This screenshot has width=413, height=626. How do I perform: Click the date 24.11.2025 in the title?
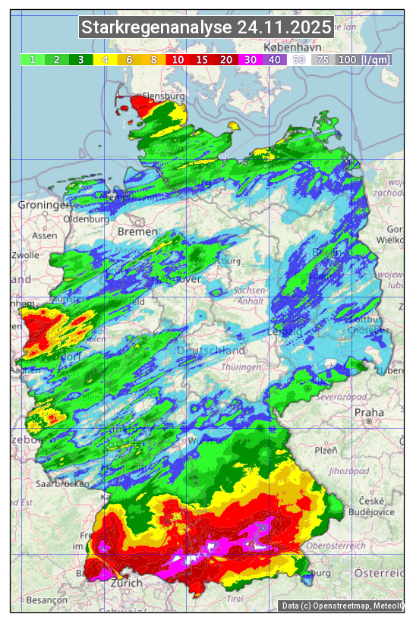point(284,28)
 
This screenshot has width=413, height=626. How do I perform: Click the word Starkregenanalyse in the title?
point(157,28)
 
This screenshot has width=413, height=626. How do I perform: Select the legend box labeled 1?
point(33,59)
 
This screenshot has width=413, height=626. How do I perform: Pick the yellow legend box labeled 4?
point(105,59)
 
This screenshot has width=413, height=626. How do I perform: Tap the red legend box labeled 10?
point(178,59)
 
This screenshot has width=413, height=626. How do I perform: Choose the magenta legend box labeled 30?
point(250,59)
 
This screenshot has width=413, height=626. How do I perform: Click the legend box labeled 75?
point(323,59)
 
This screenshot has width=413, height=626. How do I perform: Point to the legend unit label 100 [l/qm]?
point(364,59)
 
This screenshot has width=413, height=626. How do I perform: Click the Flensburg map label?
point(163,96)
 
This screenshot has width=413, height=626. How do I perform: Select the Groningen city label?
point(43,206)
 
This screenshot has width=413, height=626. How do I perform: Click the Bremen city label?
point(137,231)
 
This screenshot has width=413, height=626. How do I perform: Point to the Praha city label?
point(369,413)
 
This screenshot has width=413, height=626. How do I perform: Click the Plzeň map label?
point(326,450)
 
